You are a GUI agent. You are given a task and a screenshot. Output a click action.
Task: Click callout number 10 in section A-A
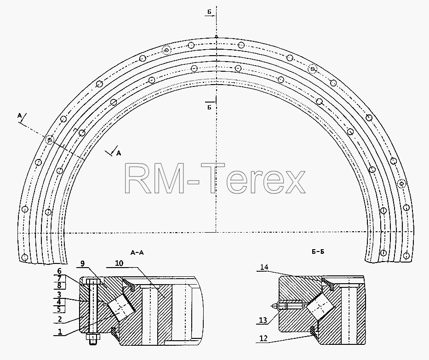[x=119, y=263]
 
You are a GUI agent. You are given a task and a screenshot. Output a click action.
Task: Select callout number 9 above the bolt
[x=83, y=263]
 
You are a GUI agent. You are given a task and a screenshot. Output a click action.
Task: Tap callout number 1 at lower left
[x=60, y=332]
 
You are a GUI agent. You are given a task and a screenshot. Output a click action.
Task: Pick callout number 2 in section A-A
[x=60, y=319]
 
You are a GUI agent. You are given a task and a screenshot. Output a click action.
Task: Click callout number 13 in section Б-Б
[x=263, y=320]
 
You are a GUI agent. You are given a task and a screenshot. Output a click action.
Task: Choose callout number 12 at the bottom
[x=263, y=338]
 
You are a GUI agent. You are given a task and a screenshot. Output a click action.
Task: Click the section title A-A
[x=137, y=252]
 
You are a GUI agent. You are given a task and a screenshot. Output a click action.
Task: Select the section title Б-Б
[x=318, y=251]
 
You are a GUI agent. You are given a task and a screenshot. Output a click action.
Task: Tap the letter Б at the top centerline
[x=209, y=11]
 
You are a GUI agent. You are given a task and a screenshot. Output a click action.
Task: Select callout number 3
[x=60, y=295]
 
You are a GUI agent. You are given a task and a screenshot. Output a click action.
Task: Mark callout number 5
[x=60, y=309]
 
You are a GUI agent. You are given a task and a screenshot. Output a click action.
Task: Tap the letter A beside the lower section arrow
[x=119, y=153]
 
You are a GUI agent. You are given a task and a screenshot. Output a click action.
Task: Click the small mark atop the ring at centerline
[x=216, y=36]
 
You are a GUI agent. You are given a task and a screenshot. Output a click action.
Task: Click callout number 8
[x=60, y=286]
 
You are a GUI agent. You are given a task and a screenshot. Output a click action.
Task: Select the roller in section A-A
[x=120, y=308]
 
